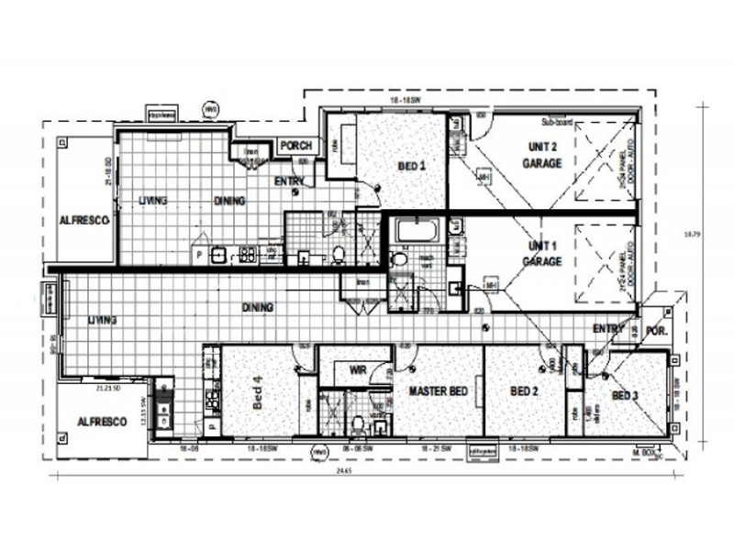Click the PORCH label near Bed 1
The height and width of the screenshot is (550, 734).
pos(296,146)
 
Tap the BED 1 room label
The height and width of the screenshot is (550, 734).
pos(412,166)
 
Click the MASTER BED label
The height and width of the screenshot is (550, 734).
pos(439,391)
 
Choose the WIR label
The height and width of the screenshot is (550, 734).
pos(359,371)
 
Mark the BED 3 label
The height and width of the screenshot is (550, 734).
pos(626,395)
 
